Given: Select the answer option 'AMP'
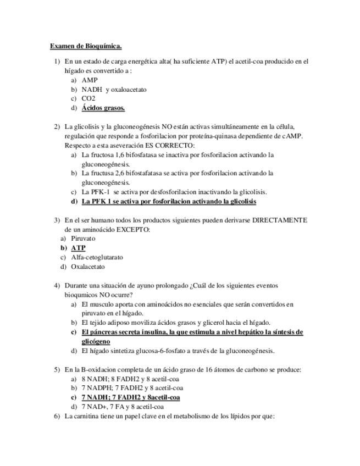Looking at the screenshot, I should tap(90, 80).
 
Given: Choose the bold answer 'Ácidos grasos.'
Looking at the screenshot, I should tap(103, 108).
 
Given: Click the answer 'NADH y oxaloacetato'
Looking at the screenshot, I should tap(114, 89).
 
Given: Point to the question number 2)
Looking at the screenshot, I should tap(57, 126).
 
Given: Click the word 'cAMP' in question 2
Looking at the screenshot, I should tap(291, 136).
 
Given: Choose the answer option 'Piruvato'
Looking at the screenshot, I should tap(83, 238).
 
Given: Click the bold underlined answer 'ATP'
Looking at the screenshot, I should tap(78, 248).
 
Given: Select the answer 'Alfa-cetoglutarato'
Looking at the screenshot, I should tap(97, 257).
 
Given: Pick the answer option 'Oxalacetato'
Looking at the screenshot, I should tap(87, 267).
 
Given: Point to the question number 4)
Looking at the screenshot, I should tap(57, 285).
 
